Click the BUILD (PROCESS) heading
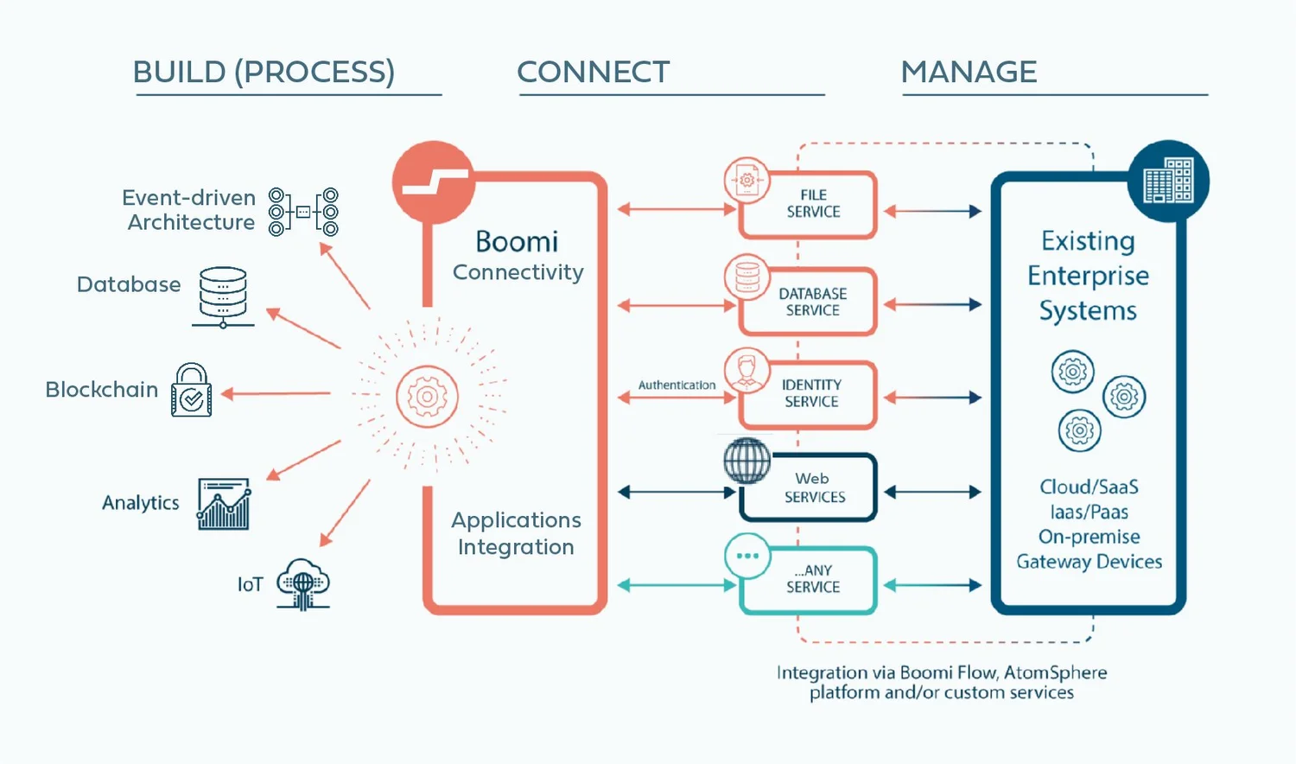coord(264,72)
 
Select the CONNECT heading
coord(593,72)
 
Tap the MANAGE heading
coord(969,72)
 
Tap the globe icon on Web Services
coord(746,460)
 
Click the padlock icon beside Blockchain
coord(192,391)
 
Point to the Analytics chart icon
coord(224,503)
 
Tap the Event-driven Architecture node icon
coord(303,212)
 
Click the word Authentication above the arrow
coord(677,385)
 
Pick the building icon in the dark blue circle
coord(1168,181)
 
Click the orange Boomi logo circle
coord(434,182)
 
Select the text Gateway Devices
coord(1089,562)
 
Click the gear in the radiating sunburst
coord(427,397)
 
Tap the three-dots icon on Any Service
coord(747,556)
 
